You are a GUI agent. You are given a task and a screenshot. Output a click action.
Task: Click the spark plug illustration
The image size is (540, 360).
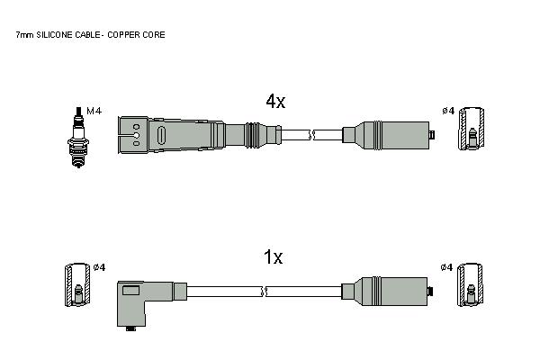pos(78,137)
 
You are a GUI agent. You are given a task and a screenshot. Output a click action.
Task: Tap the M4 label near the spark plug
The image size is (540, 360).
pos(94,111)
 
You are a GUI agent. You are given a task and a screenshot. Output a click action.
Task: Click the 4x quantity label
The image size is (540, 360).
pos(275,101)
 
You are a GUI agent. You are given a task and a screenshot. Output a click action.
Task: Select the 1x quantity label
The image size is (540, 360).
pos(273,257)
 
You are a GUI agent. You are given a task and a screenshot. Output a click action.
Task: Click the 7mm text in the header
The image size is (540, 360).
pos(25,35)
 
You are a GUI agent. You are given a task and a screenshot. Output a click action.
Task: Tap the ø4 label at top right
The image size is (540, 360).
pos(448,111)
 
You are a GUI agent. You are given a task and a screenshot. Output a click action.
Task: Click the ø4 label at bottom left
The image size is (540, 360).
pos(100,267)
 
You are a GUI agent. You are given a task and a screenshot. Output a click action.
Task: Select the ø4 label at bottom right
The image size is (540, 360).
pos(446,267)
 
